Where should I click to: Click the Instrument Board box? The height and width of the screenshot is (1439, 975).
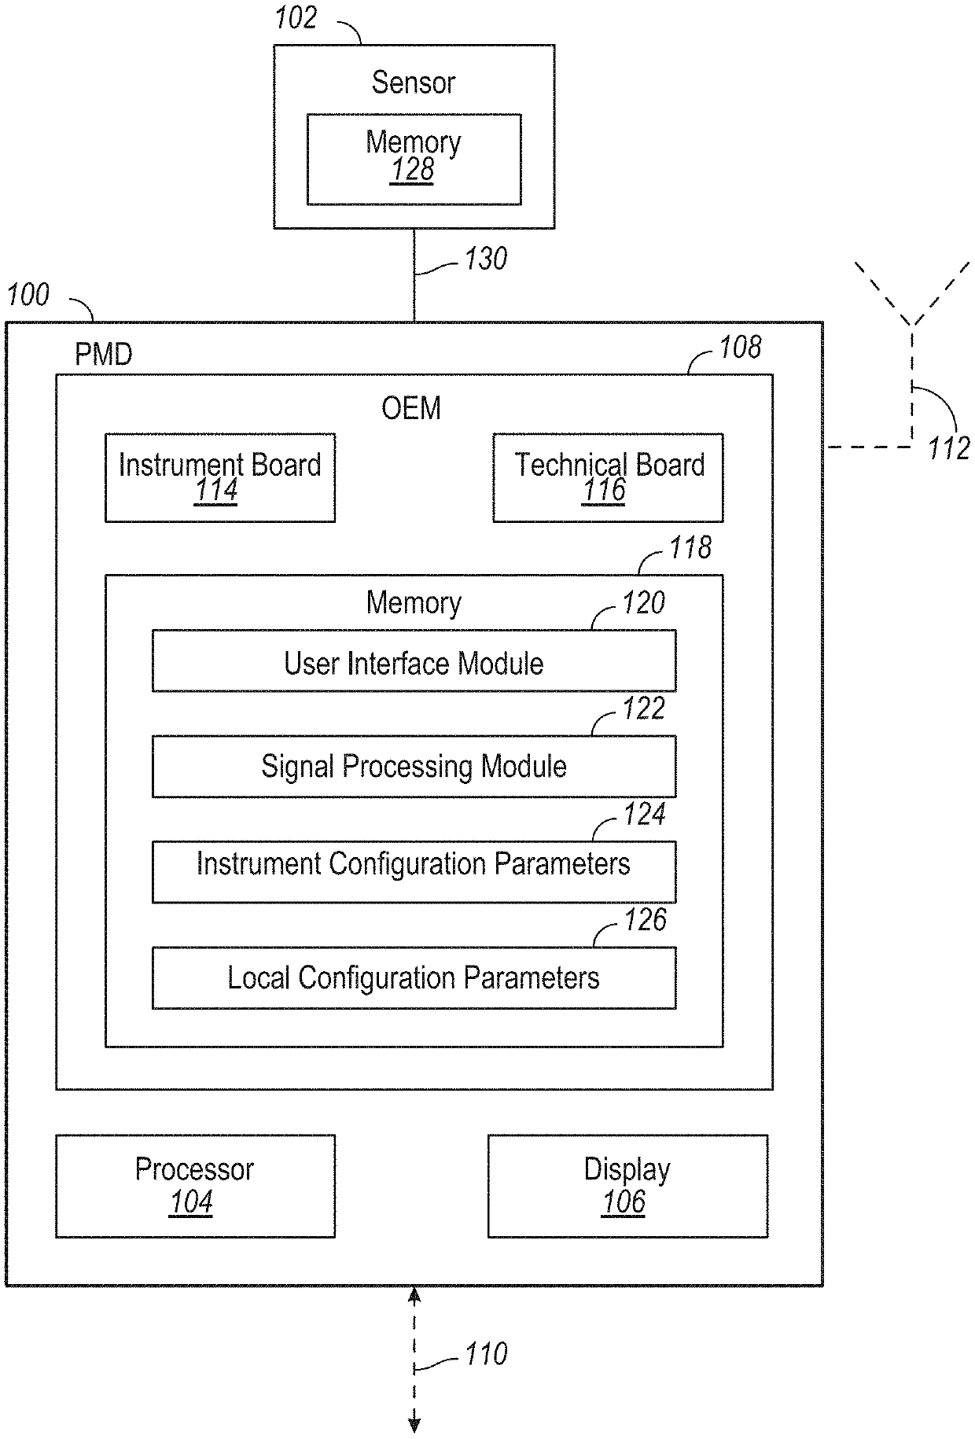(220, 477)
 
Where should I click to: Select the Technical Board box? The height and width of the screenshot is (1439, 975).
(608, 477)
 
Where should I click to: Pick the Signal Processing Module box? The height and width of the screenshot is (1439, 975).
(414, 767)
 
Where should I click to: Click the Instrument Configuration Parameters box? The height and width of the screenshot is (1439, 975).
(414, 871)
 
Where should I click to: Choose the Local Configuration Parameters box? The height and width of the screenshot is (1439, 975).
(414, 977)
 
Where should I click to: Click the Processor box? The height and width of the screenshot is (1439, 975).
(195, 1186)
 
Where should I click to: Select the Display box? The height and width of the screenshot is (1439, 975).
(627, 1186)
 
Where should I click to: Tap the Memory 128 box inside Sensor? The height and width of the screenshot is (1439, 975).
(414, 159)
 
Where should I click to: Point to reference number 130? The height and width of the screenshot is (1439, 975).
(485, 259)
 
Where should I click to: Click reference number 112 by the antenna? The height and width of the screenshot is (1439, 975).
(948, 448)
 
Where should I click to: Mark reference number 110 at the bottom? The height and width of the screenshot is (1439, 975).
(485, 1353)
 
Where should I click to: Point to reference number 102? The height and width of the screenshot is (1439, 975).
(296, 18)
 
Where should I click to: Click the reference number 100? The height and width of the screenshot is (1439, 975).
(28, 296)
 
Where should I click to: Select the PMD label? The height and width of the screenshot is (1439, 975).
(103, 355)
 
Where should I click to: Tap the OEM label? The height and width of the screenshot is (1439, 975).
(411, 408)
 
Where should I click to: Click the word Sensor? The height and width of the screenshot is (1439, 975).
(414, 83)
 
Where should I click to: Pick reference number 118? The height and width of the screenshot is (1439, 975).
(690, 548)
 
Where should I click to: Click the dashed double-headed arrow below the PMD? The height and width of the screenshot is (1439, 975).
(414, 1356)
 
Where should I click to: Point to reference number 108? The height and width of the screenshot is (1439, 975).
(740, 348)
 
